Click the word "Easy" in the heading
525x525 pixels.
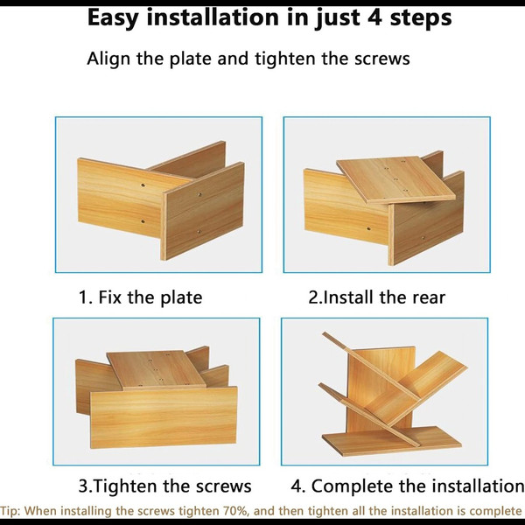[113, 18]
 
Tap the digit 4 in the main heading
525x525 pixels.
[374, 17]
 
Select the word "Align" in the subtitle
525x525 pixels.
[108, 59]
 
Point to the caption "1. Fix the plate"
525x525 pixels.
[140, 297]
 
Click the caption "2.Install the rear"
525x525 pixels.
[376, 297]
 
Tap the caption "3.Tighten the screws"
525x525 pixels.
[164, 486]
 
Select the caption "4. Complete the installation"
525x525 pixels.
[408, 486]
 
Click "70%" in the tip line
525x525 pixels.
[236, 511]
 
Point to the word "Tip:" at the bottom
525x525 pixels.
[10, 512]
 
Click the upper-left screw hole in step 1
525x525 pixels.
[143, 185]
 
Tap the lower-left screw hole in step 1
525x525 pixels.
[143, 221]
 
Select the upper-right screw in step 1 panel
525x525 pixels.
[199, 194]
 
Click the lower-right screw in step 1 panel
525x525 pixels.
[199, 231]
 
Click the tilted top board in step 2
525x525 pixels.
[396, 179]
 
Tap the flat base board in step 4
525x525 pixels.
[392, 441]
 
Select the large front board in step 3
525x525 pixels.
[164, 417]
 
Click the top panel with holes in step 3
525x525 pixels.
[156, 369]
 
